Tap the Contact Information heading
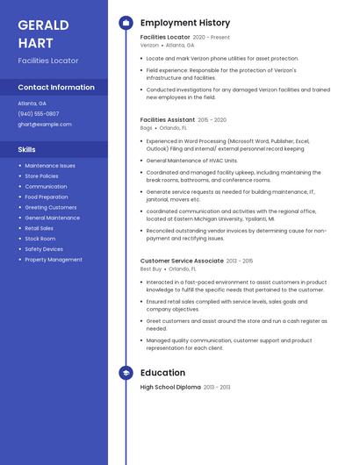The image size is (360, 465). pyautogui.click(x=56, y=88)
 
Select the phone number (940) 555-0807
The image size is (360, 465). pyautogui.click(x=39, y=114)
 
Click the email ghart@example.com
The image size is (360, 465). pyautogui.click(x=45, y=125)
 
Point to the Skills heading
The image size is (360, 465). pyautogui.click(x=26, y=149)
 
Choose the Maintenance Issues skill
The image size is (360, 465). pyautogui.click(x=50, y=166)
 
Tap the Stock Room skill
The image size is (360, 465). pyautogui.click(x=40, y=239)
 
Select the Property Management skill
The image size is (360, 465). pyautogui.click(x=54, y=260)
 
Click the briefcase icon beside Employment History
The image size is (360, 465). pyautogui.click(x=126, y=23)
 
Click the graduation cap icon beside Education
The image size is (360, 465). pyautogui.click(x=126, y=373)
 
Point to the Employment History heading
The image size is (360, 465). pyautogui.click(x=185, y=23)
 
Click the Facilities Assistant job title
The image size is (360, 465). pyautogui.click(x=168, y=119)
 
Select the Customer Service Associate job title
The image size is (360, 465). pyautogui.click(x=182, y=261)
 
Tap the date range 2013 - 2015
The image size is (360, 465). pyautogui.click(x=240, y=261)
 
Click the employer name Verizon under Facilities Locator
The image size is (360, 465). pyautogui.click(x=149, y=45)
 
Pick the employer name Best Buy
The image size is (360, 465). pyautogui.click(x=151, y=268)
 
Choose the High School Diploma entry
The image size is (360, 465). pyautogui.click(x=170, y=387)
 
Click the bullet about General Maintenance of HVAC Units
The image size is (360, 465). pyautogui.click(x=192, y=161)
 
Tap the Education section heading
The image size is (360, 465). pyautogui.click(x=162, y=373)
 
